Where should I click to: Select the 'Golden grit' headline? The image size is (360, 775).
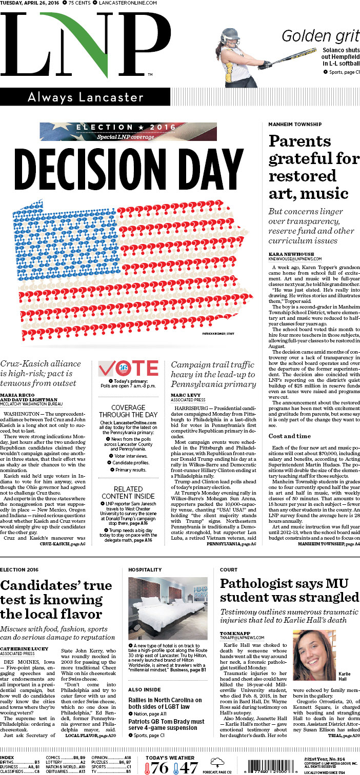point(321,36)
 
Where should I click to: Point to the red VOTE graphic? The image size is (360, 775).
point(128,369)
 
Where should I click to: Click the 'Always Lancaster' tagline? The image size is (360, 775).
point(86,96)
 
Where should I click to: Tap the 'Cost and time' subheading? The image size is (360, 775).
point(290,436)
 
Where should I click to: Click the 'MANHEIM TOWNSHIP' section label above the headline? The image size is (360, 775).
point(295,125)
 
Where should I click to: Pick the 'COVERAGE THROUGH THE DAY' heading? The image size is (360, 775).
point(129,411)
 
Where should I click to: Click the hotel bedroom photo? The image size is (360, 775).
point(168,608)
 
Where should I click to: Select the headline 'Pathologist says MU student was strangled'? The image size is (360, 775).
point(289,590)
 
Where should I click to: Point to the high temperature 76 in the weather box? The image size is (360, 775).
point(159,767)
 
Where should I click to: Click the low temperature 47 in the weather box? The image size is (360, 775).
point(188,767)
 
